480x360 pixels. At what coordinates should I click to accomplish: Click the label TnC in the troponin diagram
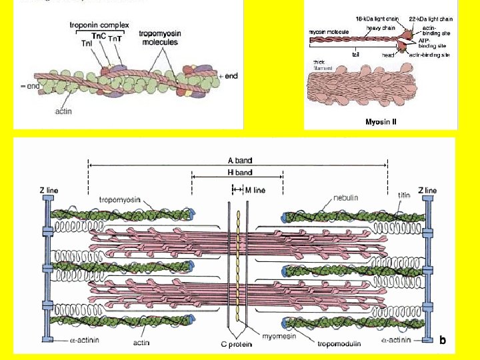pos(99,35)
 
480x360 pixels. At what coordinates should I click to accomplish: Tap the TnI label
pos(87,43)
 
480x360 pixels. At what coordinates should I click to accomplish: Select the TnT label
pos(114,39)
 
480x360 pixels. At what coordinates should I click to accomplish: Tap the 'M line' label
pos(255,190)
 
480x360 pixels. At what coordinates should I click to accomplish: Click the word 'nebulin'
pos(346,197)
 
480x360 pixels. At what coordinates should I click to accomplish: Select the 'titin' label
pos(404,195)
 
